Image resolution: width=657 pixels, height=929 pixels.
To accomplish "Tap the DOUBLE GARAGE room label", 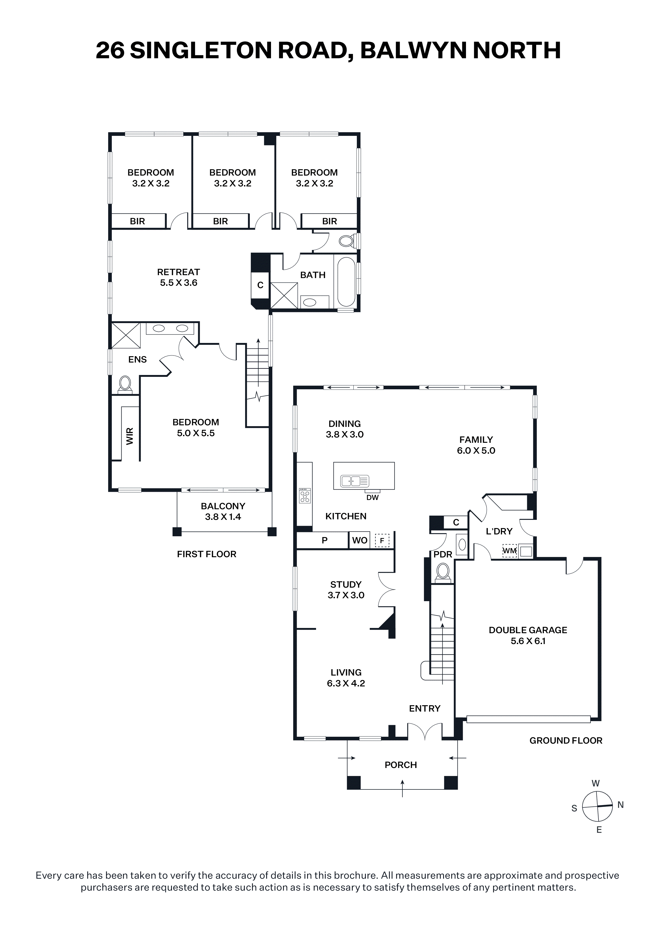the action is coord(528,635).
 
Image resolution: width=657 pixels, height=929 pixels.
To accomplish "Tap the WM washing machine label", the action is coord(510,551).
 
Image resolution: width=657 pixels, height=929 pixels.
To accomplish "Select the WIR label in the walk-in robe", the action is coord(130,436).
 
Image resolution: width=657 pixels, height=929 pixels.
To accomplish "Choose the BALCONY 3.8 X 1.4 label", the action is coord(223,511).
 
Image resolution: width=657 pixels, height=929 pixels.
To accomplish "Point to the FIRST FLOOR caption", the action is coord(206,554).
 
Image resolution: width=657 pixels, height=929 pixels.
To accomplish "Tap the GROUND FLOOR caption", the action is coord(566,740).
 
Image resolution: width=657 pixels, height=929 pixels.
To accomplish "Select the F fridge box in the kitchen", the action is coord(382,541).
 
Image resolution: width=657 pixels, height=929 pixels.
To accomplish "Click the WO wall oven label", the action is coord(359,541).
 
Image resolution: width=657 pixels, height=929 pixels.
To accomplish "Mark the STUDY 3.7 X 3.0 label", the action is coord(346,590).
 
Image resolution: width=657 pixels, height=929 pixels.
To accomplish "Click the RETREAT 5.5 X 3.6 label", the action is coord(179,277).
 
